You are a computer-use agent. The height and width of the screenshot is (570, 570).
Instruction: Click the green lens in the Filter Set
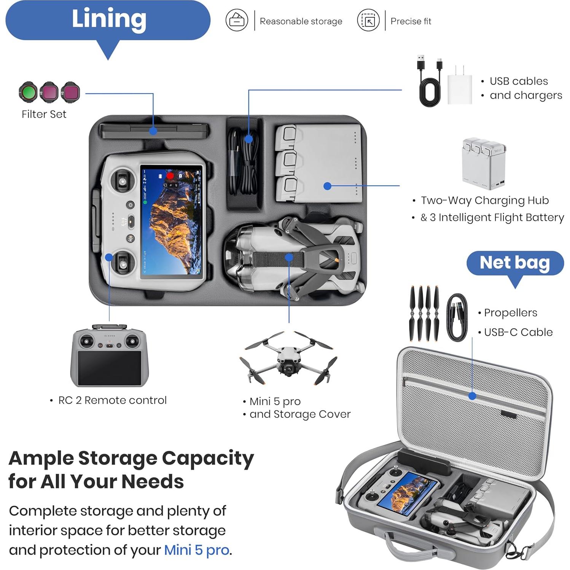click(x=28, y=92)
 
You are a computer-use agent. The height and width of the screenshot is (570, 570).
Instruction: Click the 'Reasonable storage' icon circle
click(x=237, y=21)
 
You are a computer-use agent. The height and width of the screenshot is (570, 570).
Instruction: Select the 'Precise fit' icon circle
click(x=368, y=21)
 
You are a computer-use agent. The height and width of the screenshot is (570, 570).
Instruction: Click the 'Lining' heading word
click(x=109, y=19)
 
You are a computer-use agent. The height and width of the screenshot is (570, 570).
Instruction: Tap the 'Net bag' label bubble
click(x=514, y=263)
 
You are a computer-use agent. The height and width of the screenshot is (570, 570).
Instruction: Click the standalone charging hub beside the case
click(x=484, y=164)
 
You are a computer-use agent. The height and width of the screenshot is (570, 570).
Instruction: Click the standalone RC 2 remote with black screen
click(x=109, y=356)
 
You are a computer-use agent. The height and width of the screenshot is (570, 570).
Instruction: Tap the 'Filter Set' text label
click(x=44, y=114)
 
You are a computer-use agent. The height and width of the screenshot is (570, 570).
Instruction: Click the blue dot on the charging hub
click(x=327, y=186)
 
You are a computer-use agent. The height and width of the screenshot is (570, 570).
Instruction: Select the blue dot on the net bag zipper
click(x=472, y=396)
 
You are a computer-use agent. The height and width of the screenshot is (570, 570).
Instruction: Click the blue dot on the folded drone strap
click(x=289, y=257)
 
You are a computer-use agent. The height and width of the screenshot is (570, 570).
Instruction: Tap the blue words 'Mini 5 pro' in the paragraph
click(x=196, y=550)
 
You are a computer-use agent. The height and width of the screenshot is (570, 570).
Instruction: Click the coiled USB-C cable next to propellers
click(x=457, y=317)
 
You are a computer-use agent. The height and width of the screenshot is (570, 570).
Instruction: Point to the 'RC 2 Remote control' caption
click(x=112, y=400)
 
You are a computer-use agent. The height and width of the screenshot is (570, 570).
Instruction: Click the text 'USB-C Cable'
click(x=518, y=332)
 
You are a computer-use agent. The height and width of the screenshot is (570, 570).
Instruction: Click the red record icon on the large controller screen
click(x=170, y=176)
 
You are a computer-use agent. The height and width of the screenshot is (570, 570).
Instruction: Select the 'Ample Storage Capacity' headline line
click(x=131, y=458)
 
